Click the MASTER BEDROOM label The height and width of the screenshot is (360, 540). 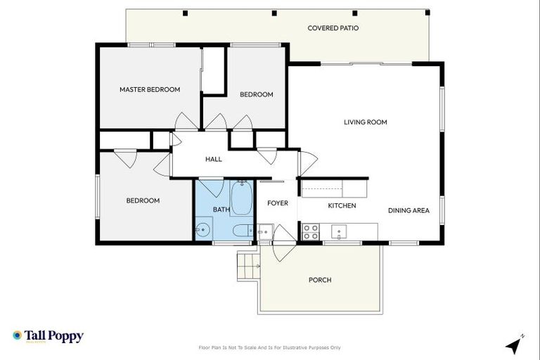tap(149, 89)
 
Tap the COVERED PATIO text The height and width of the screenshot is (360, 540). tap(333, 28)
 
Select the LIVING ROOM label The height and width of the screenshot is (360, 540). tap(365, 122)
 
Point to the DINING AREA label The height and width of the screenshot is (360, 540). tap(409, 210)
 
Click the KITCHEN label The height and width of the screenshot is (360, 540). tap(342, 205)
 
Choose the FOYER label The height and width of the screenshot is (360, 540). tap(277, 203)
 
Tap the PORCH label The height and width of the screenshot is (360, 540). tap(320, 280)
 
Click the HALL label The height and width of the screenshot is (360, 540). tap(213, 159)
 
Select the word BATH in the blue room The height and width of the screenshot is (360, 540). tap(221, 210)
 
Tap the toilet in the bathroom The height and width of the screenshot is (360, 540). tap(241, 230)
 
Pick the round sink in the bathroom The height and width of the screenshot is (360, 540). tap(203, 229)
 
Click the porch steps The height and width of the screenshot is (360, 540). tap(247, 266)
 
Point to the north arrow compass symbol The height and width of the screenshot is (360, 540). tap(515, 345)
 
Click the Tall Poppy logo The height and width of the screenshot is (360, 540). tap(48, 336)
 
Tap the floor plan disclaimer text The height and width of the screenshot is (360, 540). tap(270, 347)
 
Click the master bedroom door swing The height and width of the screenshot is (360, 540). tap(185, 121)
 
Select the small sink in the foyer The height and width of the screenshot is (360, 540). tap(264, 231)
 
